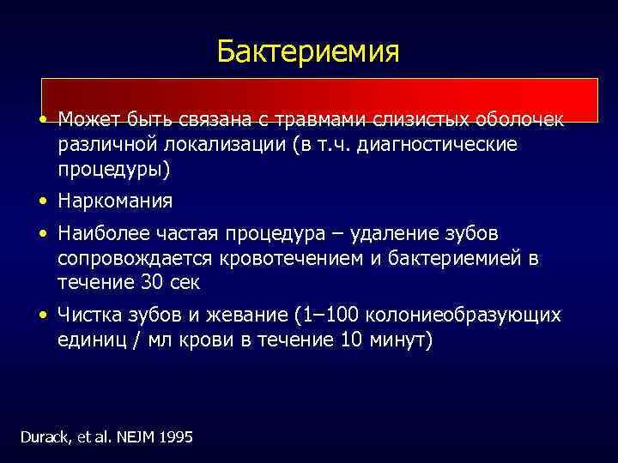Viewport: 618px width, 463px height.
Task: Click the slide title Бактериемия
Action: (308, 51)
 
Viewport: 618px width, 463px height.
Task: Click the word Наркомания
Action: (115, 201)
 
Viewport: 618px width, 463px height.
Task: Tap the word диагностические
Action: (445, 144)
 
